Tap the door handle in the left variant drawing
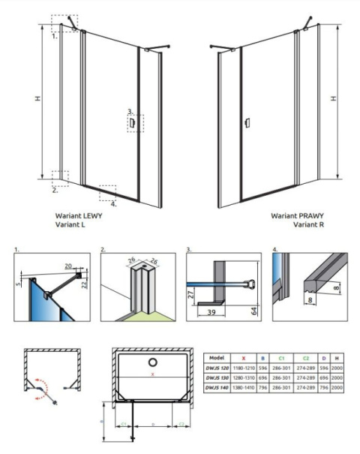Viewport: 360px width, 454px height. [132, 120]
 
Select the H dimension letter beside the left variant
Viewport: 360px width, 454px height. [47, 98]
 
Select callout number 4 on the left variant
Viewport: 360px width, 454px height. [113, 203]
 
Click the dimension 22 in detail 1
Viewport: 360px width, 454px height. [85, 283]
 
